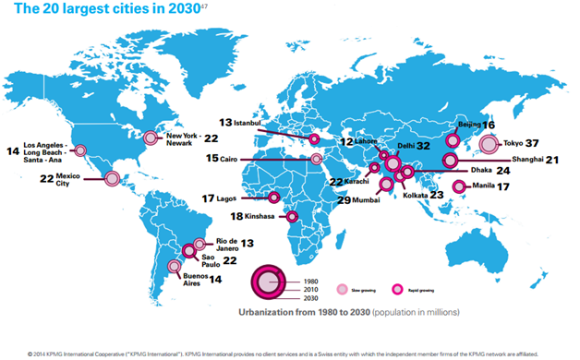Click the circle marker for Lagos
coord(274,197)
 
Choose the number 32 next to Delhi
coord(424,145)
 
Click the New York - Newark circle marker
coord(151,138)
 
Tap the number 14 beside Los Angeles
coord(12,150)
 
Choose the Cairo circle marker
coord(317,159)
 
